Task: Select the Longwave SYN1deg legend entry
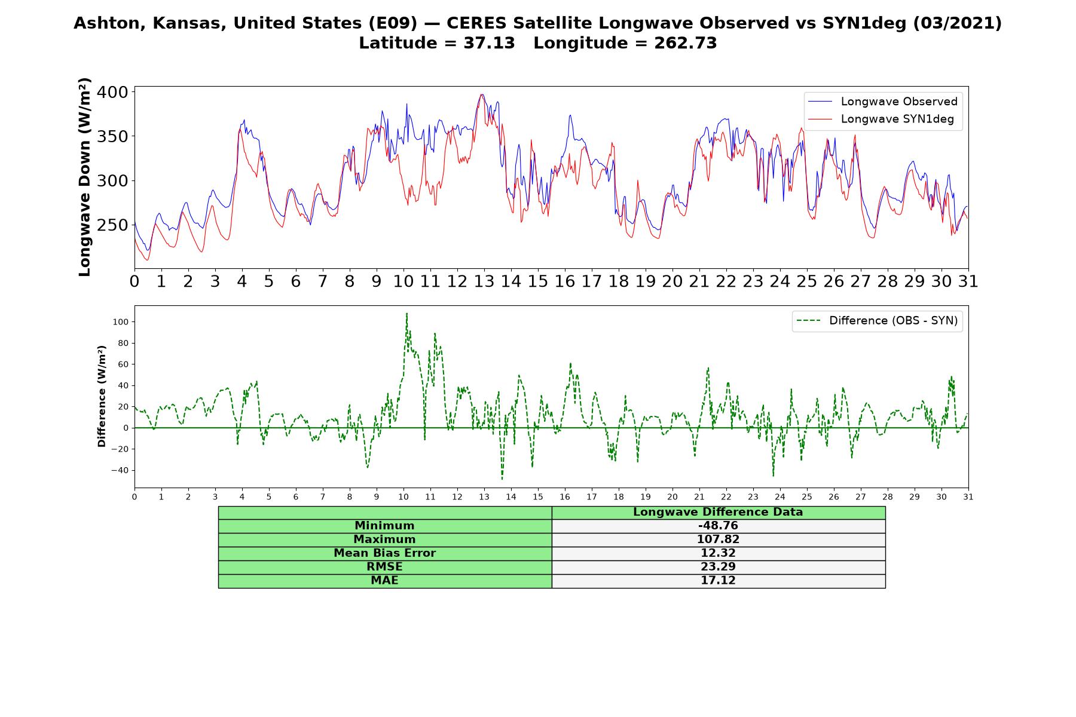881,119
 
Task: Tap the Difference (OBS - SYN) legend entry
877,321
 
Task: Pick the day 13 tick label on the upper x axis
484,281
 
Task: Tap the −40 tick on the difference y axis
120,470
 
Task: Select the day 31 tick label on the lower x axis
968,497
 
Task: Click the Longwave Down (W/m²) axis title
85,177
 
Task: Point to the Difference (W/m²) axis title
102,396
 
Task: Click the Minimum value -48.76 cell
718,526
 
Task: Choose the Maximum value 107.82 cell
718,540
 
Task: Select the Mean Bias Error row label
384,553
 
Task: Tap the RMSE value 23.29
718,567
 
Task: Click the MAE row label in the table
384,581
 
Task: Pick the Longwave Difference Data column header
718,512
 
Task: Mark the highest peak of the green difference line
406,313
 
